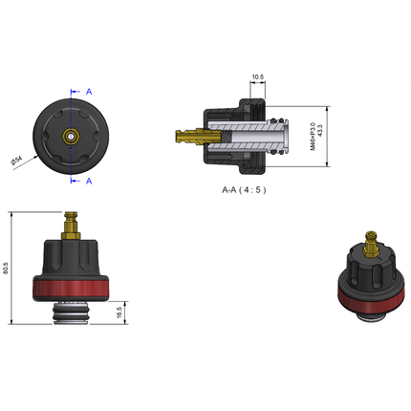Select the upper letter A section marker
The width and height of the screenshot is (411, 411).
pos(89,91)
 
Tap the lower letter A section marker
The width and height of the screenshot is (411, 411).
pos(89,180)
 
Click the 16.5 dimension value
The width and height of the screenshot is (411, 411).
pos(119,312)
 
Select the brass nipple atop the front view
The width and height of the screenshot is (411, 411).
pos(69,227)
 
